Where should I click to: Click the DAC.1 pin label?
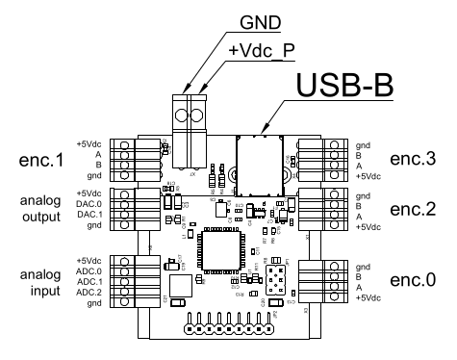pyautogui.click(x=89, y=213)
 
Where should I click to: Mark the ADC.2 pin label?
pyautogui.click(x=89, y=292)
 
